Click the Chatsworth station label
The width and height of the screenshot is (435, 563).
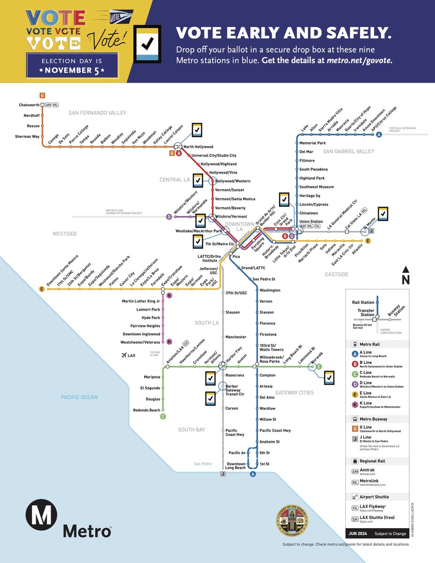click(x=29, y=105)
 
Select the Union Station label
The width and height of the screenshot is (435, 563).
click(x=311, y=221)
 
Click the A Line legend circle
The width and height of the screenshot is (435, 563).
click(x=356, y=355)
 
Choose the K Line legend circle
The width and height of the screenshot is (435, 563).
click(x=356, y=403)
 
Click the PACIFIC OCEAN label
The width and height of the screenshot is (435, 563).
click(x=79, y=397)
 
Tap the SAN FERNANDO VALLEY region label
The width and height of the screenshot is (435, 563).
click(x=98, y=113)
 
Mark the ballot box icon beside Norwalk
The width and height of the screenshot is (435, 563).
click(x=329, y=377)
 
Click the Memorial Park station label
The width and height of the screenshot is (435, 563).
click(x=313, y=143)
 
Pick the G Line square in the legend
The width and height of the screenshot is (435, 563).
click(x=356, y=428)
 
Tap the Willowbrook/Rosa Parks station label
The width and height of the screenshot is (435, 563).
click(x=273, y=359)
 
